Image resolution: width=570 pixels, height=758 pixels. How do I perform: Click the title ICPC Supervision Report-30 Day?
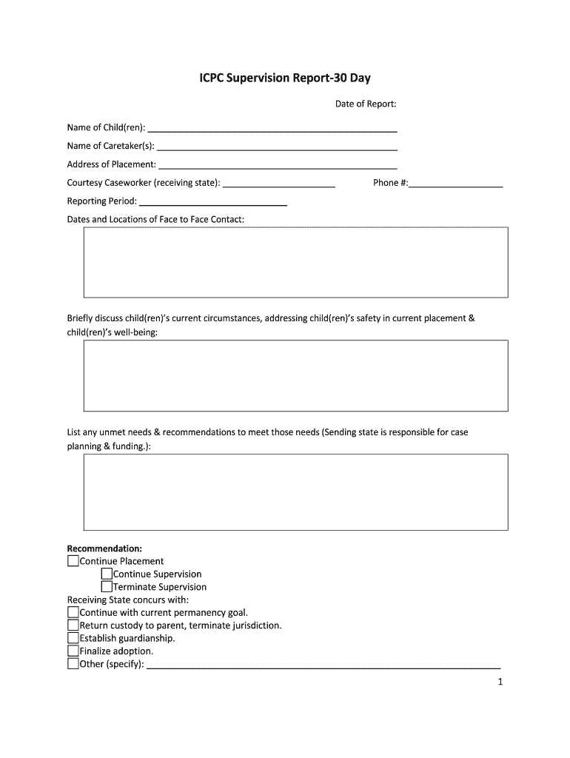[285, 78]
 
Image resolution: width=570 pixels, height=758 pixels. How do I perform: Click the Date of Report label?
[366, 104]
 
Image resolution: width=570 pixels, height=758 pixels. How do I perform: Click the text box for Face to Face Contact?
[295, 262]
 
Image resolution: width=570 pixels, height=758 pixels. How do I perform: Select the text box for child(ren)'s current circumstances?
[295, 375]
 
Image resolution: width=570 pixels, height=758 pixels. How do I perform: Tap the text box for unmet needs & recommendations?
[295, 492]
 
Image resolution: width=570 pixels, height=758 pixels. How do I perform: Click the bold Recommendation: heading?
[104, 549]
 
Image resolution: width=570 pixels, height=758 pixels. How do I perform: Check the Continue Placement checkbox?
[73, 561]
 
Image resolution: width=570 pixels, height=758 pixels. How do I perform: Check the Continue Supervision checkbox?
[107, 574]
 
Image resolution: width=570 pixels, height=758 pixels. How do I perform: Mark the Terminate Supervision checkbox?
[107, 587]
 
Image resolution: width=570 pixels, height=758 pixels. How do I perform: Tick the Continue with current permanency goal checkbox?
[73, 612]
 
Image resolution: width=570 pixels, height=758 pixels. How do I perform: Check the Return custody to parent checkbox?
[73, 625]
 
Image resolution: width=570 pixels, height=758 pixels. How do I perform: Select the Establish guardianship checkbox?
[73, 638]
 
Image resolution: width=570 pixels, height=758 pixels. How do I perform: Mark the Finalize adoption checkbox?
[73, 651]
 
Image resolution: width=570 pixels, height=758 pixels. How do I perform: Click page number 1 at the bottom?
[500, 682]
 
